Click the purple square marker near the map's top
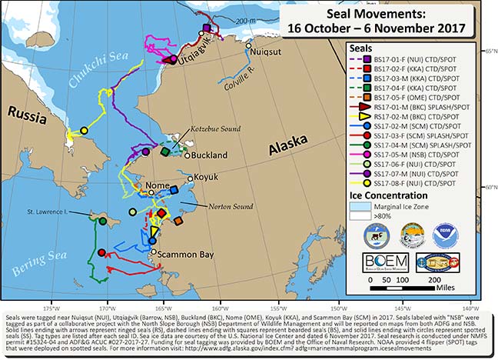pos(206,28)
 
